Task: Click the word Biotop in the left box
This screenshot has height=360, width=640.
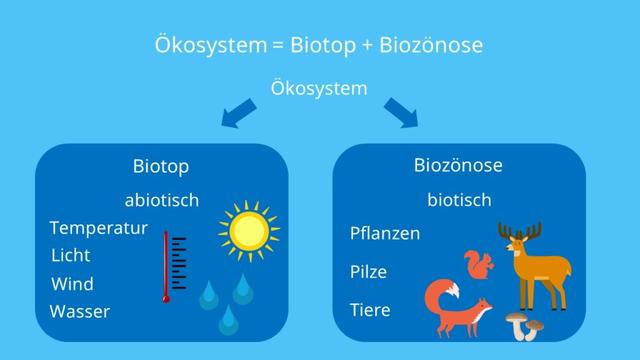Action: (161, 167)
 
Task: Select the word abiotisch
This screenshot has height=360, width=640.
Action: (161, 200)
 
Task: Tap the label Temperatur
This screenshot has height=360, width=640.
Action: (98, 228)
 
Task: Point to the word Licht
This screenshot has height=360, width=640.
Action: (70, 255)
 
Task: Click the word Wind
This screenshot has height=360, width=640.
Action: (71, 284)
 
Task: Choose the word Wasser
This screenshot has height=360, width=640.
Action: (79, 311)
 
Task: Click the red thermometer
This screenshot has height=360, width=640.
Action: (172, 268)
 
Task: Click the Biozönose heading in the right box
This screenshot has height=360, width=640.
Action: (459, 166)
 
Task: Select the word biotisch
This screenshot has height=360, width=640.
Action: (459, 200)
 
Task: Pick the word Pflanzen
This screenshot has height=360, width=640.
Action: (385, 234)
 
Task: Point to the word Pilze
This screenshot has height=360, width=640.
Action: (368, 272)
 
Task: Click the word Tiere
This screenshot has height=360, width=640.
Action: (370, 310)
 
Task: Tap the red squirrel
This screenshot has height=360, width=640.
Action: (479, 266)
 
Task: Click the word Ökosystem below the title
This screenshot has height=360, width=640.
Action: (319, 88)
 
